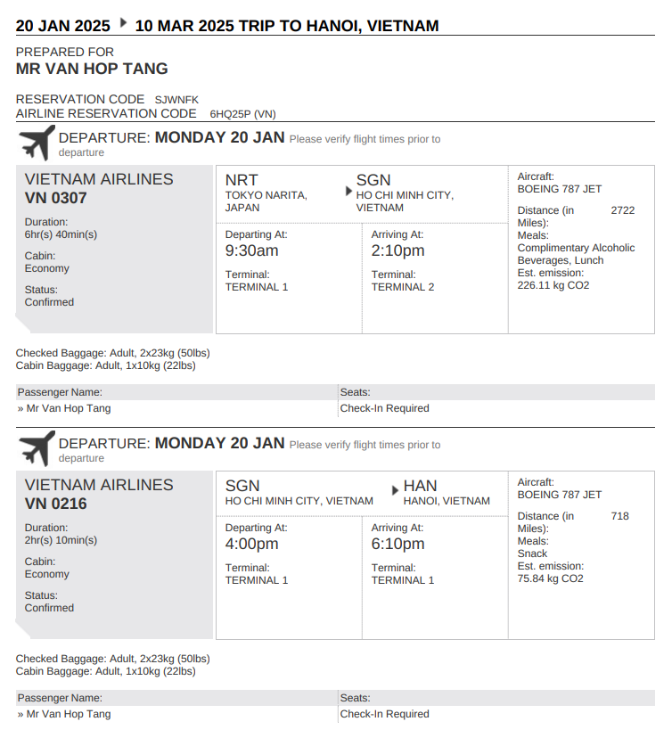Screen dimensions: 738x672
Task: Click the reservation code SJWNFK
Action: tap(176, 100)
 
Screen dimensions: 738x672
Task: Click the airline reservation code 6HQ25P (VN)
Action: tap(242, 114)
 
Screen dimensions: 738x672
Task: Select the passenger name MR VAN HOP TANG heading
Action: tap(92, 69)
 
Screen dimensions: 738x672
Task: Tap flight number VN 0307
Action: tap(56, 198)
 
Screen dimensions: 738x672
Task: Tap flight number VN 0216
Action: tap(56, 504)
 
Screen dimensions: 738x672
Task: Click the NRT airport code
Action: tap(242, 180)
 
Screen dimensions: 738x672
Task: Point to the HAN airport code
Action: tap(420, 486)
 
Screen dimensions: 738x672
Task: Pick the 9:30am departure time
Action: tap(251, 251)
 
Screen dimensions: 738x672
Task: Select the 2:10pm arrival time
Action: tap(397, 251)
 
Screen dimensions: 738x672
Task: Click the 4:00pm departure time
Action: tap(251, 545)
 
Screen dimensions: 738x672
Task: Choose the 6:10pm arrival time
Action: tap(397, 545)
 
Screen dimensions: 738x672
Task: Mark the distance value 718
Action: tap(620, 516)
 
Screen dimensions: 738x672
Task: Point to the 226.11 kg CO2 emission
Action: tap(553, 285)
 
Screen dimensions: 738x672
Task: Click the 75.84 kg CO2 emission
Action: tap(550, 578)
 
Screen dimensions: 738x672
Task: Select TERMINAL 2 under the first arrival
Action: tap(403, 287)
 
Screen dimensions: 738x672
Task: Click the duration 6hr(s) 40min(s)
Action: tap(61, 234)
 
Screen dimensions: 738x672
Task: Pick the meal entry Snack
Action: tap(532, 553)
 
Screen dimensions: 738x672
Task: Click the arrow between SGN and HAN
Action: tap(395, 490)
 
